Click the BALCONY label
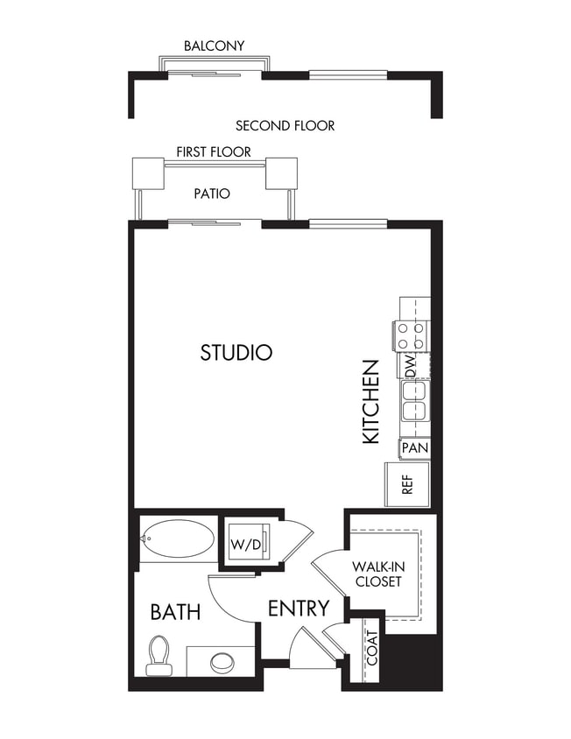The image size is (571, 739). click(214, 46)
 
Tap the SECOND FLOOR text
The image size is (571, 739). click(285, 125)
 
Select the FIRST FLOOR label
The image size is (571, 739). click(214, 151)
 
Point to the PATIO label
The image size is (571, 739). click(212, 194)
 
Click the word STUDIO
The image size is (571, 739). click(236, 353)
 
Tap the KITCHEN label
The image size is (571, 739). click(370, 401)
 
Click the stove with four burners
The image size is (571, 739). click(411, 334)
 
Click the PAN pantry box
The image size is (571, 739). click(414, 448)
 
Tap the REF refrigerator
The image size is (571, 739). click(407, 484)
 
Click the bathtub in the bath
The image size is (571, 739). click(178, 538)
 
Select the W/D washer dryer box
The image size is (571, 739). click(246, 545)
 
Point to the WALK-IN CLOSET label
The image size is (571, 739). click(377, 574)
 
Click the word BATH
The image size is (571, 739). click(175, 611)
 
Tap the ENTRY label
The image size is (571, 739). click(299, 608)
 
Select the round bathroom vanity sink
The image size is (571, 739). click(222, 661)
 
